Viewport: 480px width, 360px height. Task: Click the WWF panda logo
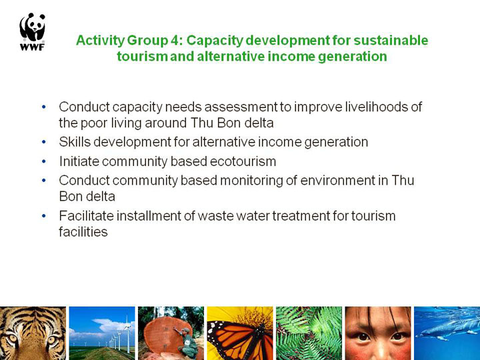click(x=33, y=31)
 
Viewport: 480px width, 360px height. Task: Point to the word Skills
click(x=75, y=142)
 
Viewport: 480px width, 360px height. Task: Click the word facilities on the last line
click(x=83, y=232)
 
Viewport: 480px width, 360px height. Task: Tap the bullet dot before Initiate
click(x=44, y=161)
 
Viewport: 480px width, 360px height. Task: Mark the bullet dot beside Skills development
click(x=44, y=142)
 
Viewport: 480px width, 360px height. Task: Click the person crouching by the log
click(x=187, y=342)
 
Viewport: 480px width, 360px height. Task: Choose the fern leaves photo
click(x=309, y=333)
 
